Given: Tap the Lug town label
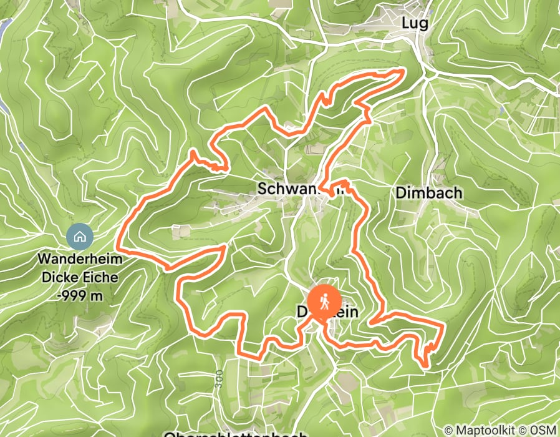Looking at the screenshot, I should tap(415, 24).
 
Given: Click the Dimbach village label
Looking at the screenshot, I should tap(429, 193).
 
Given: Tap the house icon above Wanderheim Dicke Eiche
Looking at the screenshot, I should tap(80, 237).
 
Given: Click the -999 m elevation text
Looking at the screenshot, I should tap(79, 296).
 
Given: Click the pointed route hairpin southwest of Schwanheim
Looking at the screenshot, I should tap(223, 248).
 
